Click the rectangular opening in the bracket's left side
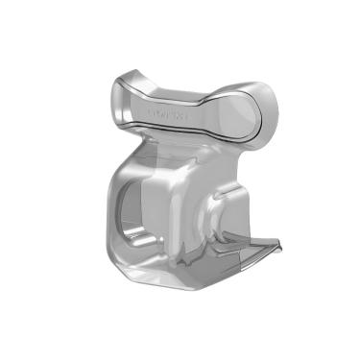[129, 207]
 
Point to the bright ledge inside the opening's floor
[135, 233]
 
